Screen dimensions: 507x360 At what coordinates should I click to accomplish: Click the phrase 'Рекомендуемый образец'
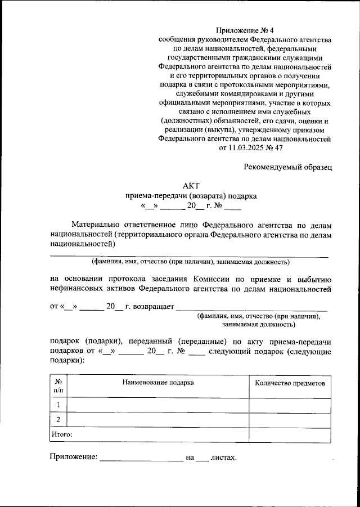click(288, 167)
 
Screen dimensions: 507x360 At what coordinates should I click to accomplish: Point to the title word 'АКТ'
click(191, 186)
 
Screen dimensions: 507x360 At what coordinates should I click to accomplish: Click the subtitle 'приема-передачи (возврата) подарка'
click(191, 196)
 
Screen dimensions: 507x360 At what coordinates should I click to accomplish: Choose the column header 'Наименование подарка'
click(158, 383)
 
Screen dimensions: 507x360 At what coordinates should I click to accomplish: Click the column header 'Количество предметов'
click(290, 383)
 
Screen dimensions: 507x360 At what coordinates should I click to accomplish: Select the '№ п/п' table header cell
click(58, 385)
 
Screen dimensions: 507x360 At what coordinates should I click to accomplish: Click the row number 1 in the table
click(58, 405)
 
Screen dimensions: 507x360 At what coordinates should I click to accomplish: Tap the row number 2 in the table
click(58, 420)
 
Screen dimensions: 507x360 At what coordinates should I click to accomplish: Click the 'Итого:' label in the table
click(62, 434)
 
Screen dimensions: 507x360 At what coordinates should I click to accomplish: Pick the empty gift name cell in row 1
click(158, 405)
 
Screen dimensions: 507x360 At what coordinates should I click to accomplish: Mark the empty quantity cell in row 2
click(290, 420)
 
